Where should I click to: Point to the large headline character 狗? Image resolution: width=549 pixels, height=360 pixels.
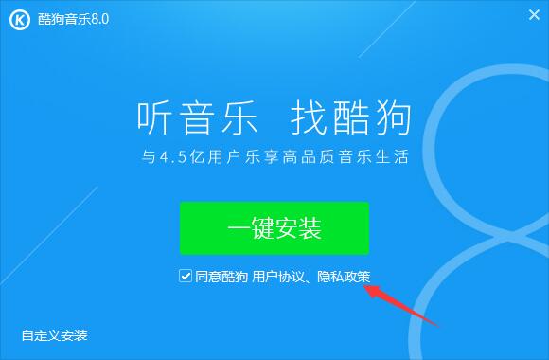392,117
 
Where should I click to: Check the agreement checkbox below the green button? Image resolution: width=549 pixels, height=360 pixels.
185,277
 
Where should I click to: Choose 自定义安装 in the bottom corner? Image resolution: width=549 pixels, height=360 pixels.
55,335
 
